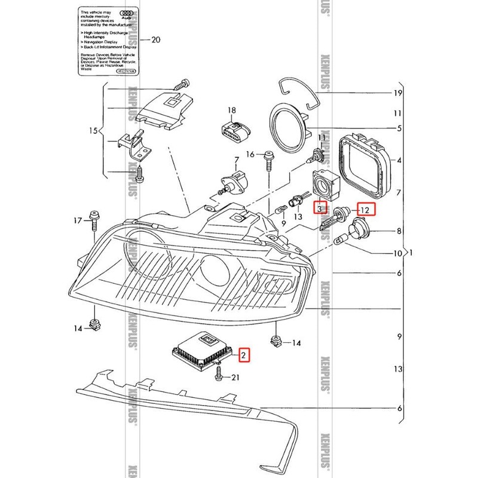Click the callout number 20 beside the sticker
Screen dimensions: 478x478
pyautogui.click(x=156, y=41)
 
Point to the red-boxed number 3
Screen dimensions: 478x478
pyautogui.click(x=320, y=209)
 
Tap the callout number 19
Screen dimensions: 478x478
pyautogui.click(x=396, y=93)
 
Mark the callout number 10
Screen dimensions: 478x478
pyautogui.click(x=397, y=253)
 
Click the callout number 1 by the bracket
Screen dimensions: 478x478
pyautogui.click(x=409, y=253)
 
